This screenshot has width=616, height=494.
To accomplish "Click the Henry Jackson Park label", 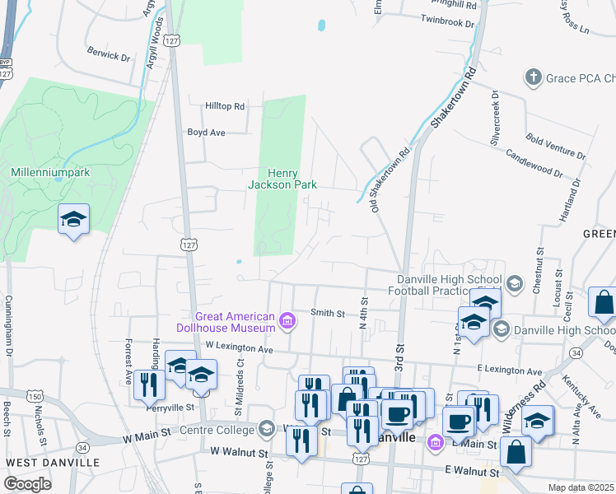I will [x=282, y=179].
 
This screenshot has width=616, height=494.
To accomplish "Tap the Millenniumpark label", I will [x=50, y=173].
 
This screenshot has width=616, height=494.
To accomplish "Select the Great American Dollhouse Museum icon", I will [x=287, y=320].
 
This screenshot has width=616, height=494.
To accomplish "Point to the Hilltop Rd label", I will [x=226, y=106].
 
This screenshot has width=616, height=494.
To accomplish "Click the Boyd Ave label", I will [x=206, y=132].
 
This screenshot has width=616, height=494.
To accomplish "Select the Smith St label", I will [x=327, y=313].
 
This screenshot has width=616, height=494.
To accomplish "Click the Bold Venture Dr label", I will [x=556, y=146].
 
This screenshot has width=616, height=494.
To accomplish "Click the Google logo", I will [x=27, y=484].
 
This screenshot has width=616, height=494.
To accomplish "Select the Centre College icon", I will [x=266, y=428].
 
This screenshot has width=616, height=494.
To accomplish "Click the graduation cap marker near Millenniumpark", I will [x=73, y=219].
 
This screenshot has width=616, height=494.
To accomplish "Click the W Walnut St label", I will [x=240, y=452].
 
